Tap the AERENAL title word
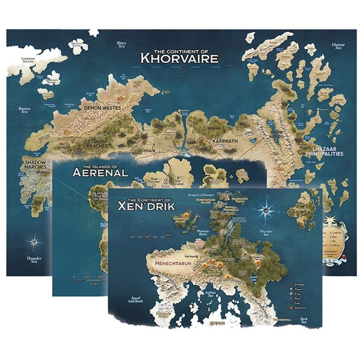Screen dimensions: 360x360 pos(100,172)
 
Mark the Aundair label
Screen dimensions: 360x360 pos(147,151)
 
